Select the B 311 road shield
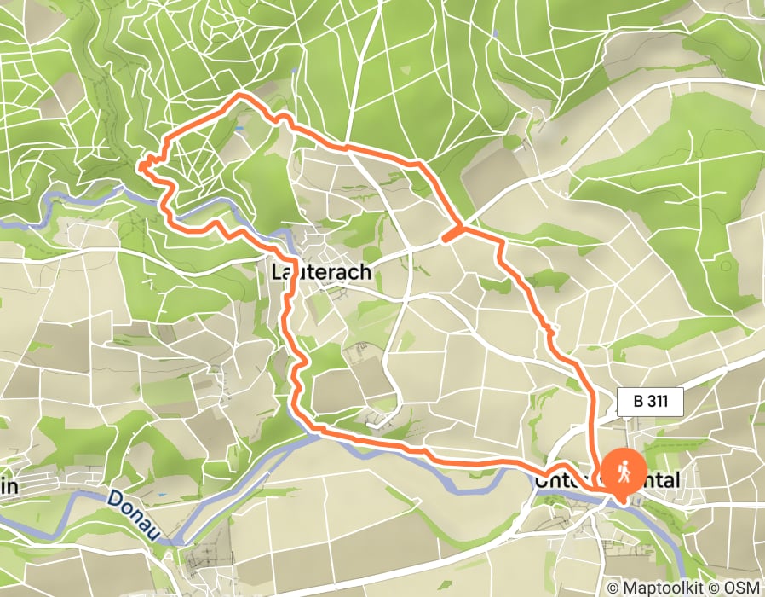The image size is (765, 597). (651, 402)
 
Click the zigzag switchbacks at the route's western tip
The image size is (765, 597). (148, 164)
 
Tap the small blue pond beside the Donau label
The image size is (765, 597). (160, 496)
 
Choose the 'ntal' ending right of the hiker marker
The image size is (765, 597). (663, 482)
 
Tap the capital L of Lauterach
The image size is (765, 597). (275, 272)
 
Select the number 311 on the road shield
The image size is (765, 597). (660, 402)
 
